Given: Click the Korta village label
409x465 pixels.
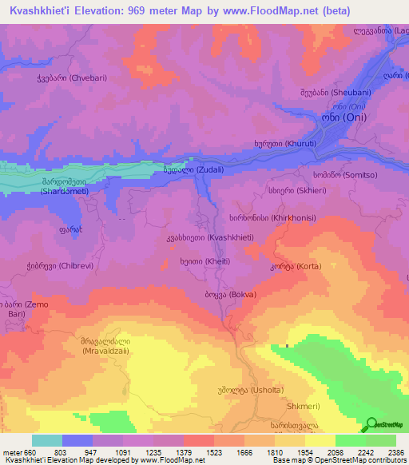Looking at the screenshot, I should (291, 267).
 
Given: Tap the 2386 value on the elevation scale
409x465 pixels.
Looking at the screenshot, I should (395, 452).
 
